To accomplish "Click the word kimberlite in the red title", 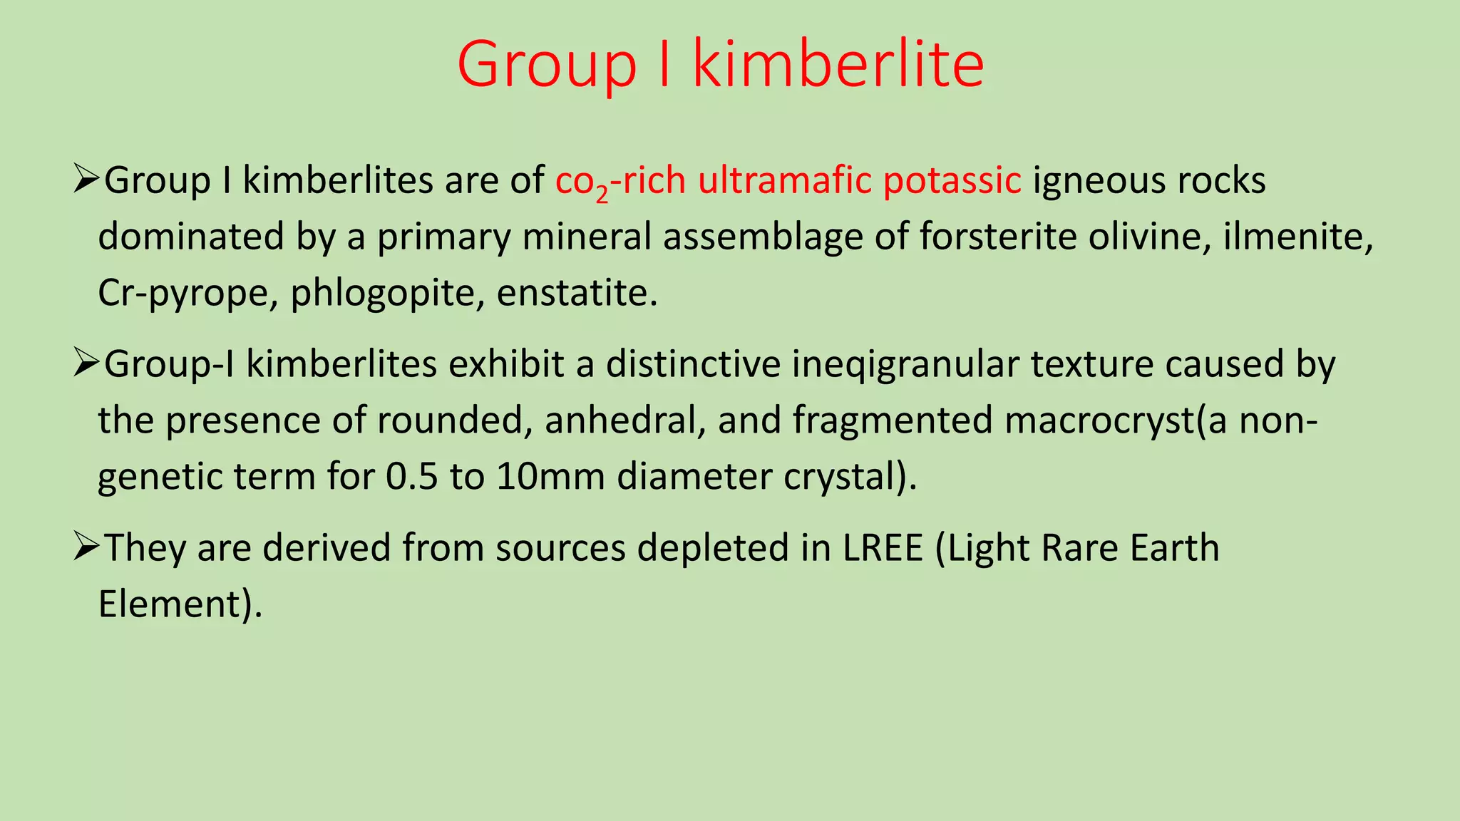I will tap(838, 64).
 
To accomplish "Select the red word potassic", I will tap(952, 180).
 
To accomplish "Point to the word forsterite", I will tap(997, 237).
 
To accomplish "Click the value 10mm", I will tap(550, 476).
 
